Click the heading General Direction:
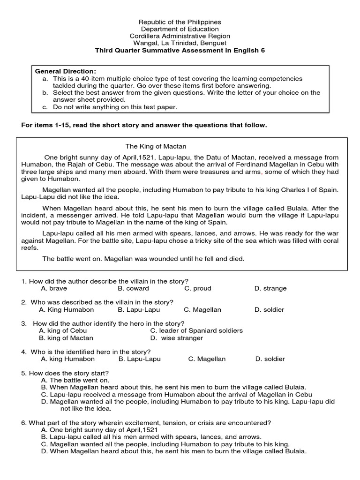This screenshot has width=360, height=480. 66,71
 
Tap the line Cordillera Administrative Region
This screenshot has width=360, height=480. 180,36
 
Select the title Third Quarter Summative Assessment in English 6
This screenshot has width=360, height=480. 180,50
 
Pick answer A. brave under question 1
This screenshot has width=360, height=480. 54,288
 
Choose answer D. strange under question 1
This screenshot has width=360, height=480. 270,288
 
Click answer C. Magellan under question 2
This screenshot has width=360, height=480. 202,309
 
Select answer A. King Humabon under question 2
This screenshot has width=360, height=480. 67,309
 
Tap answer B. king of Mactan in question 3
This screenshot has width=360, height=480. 66,337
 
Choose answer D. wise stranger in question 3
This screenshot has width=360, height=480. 177,337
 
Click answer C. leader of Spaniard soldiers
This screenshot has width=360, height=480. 196,330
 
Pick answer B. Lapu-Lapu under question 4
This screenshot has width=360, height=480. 140,359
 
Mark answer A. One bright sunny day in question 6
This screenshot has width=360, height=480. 99,430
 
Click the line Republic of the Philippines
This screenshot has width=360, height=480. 180,22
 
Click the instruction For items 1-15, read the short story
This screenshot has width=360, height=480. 144,125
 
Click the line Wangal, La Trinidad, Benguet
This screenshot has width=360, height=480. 180,43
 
